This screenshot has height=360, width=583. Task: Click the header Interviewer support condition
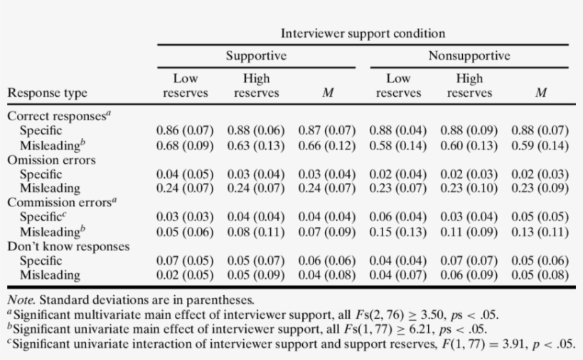pos(363,33)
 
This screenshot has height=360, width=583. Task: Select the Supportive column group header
pos(256,56)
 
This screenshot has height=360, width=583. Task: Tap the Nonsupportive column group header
pos(469,56)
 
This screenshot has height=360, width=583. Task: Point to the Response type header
pos(47,93)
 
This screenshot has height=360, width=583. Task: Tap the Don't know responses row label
pos(68,246)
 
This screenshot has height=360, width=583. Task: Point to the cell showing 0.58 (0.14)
pos(398,146)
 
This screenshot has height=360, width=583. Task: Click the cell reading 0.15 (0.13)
pos(398,232)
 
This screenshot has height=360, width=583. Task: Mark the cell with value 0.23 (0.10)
pos(469,189)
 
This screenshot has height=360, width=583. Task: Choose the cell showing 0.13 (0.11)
pos(540,232)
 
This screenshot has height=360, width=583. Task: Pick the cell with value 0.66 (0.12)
pos(327,146)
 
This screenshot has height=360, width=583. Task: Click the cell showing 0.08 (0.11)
pos(256,232)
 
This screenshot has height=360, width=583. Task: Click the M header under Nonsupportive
pos(540,93)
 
